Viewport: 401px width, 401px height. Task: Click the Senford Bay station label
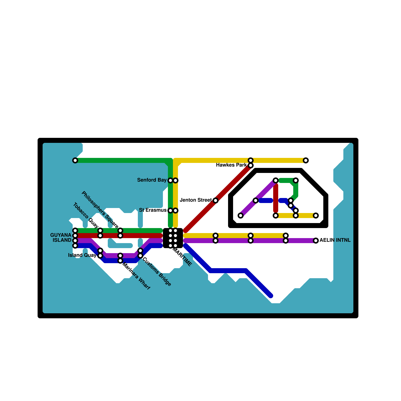tap(152, 180)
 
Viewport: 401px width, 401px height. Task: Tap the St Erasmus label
tap(153, 210)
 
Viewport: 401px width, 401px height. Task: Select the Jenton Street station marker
tap(216, 200)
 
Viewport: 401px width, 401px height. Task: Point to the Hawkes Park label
tap(231, 165)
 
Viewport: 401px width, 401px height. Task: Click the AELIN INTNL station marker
tap(316, 241)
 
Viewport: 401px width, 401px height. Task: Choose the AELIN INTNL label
tap(335, 240)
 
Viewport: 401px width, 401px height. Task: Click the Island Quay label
tap(82, 255)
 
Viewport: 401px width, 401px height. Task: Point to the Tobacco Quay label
tap(85, 215)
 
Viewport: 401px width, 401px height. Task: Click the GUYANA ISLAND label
tap(61, 238)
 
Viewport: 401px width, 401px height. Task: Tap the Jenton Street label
tap(196, 200)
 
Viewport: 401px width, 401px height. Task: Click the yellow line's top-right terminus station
tap(306, 160)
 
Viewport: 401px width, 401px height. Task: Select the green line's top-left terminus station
tap(75, 160)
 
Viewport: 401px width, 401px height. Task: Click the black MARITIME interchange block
tap(173, 238)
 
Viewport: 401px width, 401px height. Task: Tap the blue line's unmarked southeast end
tap(271, 296)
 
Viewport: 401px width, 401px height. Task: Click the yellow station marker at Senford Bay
tap(175, 180)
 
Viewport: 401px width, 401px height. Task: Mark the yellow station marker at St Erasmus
tap(175, 211)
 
